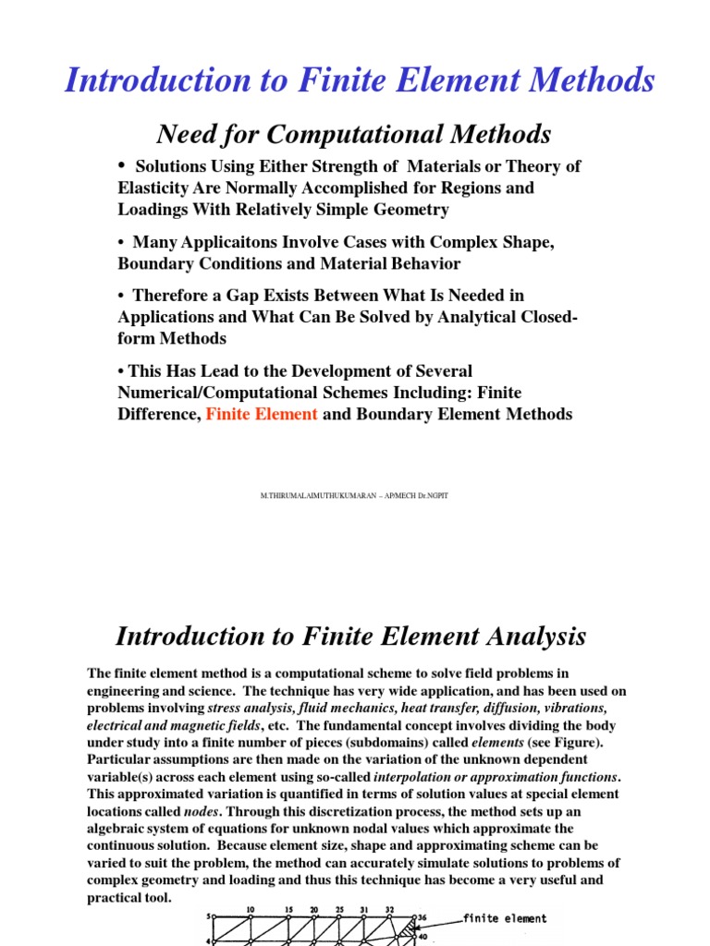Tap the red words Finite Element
(x=262, y=414)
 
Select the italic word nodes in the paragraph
(x=202, y=811)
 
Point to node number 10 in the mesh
(x=250, y=910)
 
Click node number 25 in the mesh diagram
(x=339, y=910)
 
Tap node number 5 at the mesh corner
(x=209, y=918)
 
